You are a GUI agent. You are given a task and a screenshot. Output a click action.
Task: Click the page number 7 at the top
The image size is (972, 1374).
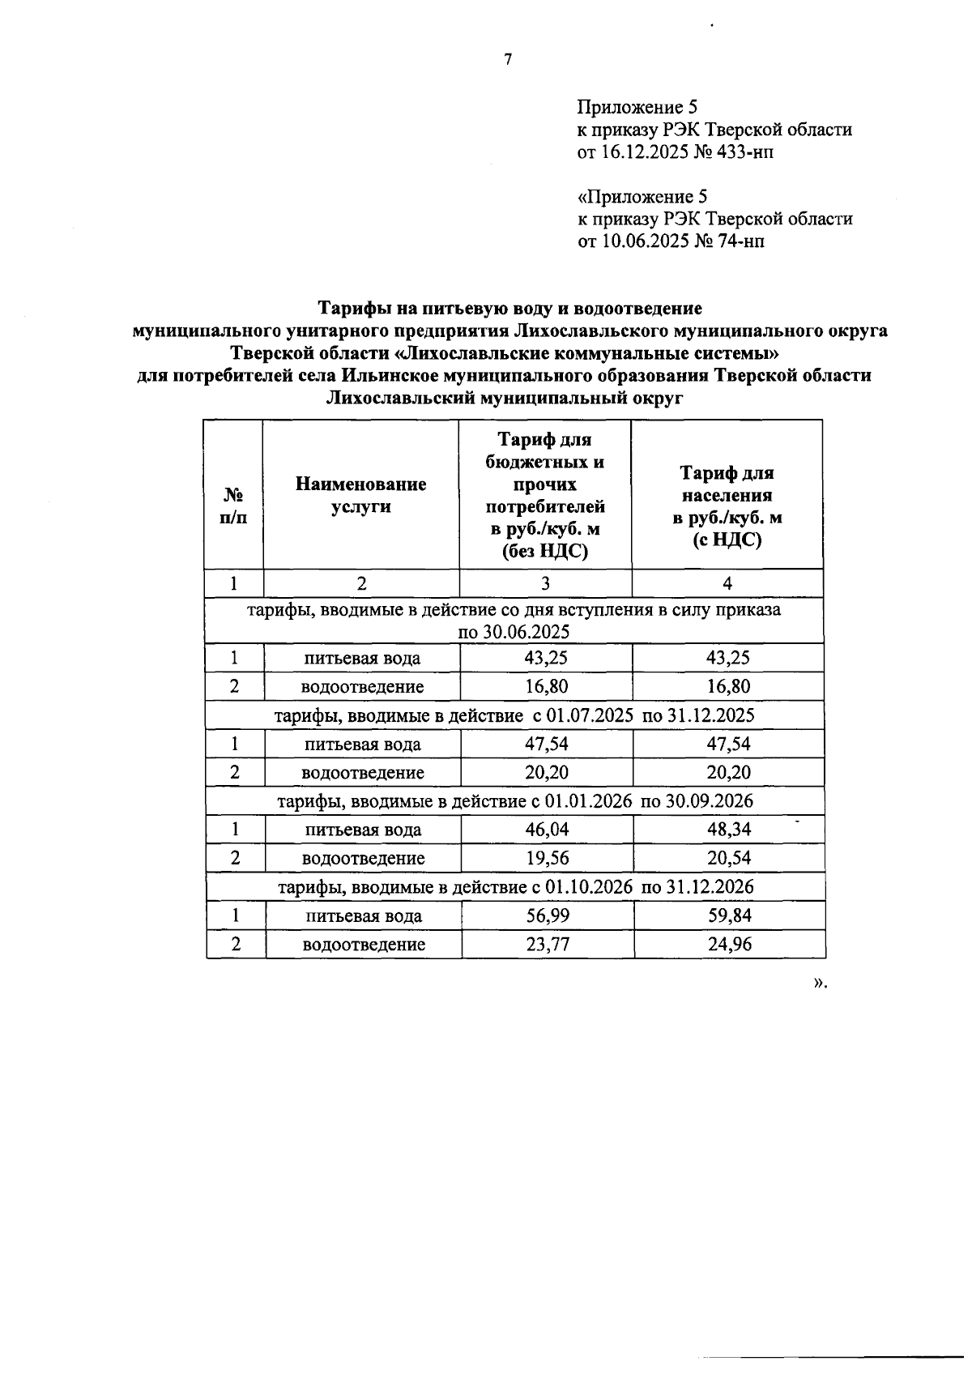[x=509, y=59]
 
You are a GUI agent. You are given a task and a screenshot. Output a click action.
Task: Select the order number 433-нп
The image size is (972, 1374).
[x=744, y=152]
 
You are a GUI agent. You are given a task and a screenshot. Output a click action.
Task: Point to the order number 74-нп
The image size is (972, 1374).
[x=739, y=241]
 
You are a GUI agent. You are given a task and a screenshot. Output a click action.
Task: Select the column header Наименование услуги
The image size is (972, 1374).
[x=360, y=495]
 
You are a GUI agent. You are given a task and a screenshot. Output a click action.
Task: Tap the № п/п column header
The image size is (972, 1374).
[x=233, y=506]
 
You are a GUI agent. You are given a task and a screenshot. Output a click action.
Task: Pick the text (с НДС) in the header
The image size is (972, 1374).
[x=727, y=540]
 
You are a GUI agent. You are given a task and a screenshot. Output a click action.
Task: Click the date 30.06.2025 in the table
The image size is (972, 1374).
[x=514, y=632]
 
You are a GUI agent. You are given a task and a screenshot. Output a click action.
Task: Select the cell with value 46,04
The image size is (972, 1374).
[x=547, y=830]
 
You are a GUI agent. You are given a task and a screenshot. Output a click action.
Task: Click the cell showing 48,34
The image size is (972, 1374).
[x=728, y=830]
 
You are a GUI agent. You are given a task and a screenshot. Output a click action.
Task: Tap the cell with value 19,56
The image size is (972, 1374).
[x=547, y=858]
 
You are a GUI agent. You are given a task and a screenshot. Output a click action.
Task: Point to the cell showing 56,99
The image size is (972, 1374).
[x=547, y=915]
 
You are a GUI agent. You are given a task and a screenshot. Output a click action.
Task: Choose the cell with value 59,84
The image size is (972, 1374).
[x=728, y=915]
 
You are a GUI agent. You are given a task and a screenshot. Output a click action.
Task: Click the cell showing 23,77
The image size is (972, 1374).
[x=547, y=945]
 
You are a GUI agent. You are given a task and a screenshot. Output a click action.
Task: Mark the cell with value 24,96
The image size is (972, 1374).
[x=728, y=945]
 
